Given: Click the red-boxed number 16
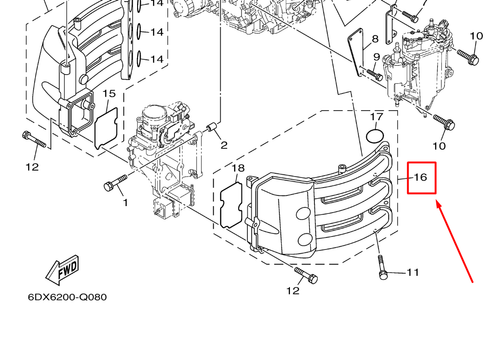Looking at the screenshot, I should [421, 178].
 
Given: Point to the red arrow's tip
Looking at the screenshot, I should [437, 202].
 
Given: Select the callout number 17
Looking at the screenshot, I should [377, 117].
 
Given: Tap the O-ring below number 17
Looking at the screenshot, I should [376, 135].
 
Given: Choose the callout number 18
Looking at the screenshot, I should [236, 169].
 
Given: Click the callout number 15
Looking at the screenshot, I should [109, 94].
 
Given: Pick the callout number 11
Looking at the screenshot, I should [413, 272].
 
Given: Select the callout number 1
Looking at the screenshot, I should [125, 203].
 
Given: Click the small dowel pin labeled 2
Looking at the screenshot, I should [212, 127].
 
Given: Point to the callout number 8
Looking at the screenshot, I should [375, 39].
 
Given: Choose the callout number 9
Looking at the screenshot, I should [376, 58].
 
